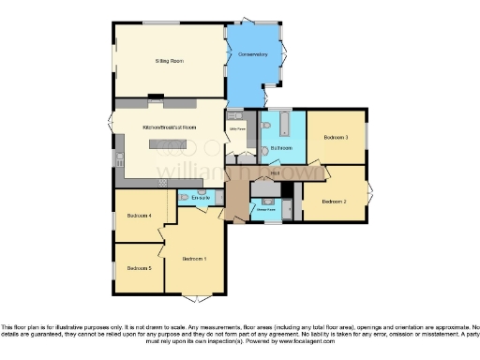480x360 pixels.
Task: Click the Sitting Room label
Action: point(169,60)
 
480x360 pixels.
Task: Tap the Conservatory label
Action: point(253,55)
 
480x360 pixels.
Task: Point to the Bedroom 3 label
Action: point(337,138)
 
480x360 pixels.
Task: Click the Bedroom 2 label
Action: point(334,202)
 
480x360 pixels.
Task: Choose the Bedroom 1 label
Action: point(194,258)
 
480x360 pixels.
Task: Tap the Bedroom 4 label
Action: point(138,217)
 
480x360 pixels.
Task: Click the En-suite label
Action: point(201,198)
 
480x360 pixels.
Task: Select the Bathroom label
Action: point(282,148)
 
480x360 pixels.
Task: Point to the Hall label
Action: point(275,173)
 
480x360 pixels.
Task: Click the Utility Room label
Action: point(236,130)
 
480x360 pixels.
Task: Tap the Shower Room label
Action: point(266,210)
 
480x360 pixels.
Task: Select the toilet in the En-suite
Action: point(184,198)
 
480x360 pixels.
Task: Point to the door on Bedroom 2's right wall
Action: point(369,194)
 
